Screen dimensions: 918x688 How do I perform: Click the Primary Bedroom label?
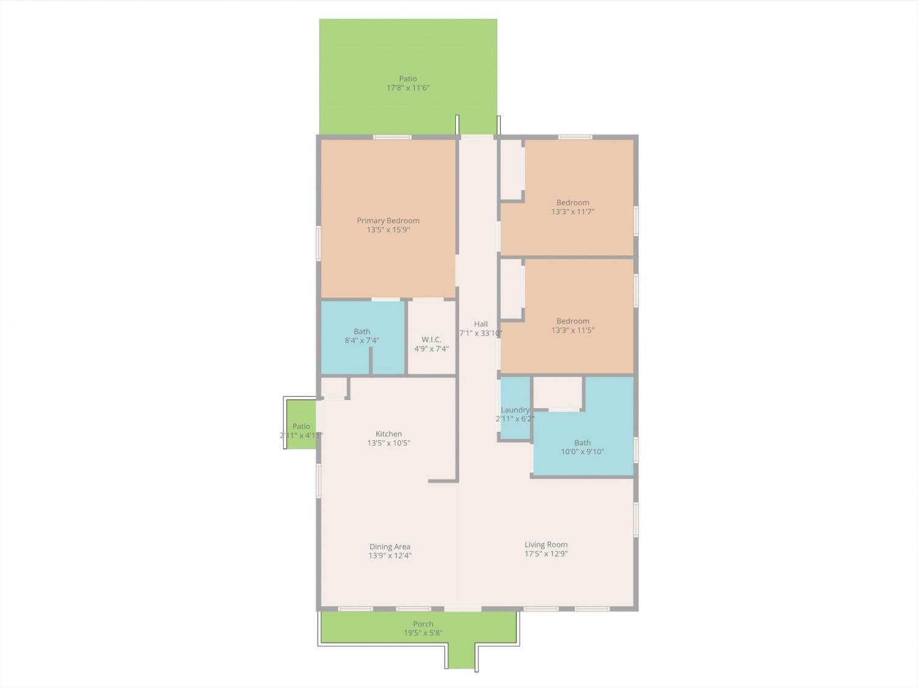click(x=388, y=221)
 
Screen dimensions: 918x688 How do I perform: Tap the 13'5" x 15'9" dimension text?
click(x=388, y=230)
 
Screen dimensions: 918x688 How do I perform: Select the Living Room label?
click(x=546, y=545)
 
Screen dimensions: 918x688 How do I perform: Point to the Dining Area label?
click(x=390, y=547)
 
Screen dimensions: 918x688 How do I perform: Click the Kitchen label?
click(x=389, y=434)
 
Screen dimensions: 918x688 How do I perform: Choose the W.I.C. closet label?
click(x=431, y=339)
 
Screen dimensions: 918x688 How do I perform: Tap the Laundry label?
click(x=515, y=410)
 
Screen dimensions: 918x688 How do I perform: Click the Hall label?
click(x=481, y=324)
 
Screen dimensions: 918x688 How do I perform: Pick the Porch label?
click(x=424, y=624)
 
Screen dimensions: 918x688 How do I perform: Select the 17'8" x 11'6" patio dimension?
click(x=408, y=87)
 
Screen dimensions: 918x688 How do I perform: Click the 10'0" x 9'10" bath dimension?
click(x=583, y=451)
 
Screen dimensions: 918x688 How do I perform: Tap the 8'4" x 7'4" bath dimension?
click(x=362, y=341)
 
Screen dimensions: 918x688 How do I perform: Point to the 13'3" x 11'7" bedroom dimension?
click(x=573, y=212)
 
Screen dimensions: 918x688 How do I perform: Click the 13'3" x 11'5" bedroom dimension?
click(x=573, y=330)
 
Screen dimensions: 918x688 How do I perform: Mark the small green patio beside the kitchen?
click(x=301, y=424)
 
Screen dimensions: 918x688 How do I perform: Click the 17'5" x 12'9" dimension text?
click(x=546, y=554)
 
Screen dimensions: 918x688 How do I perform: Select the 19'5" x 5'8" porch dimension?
click(x=424, y=633)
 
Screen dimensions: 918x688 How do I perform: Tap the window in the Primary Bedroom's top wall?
click(x=392, y=137)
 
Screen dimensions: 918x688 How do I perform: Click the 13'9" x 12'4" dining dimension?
click(x=390, y=555)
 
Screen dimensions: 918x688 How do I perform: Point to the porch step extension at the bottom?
click(x=461, y=656)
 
